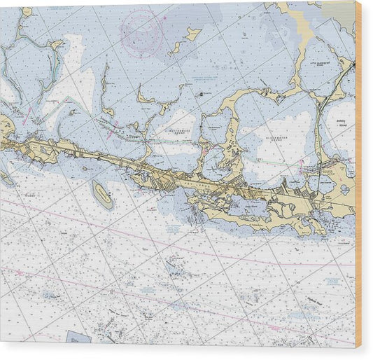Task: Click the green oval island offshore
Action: (x=103, y=194)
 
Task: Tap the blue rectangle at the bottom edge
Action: (x=78, y=338)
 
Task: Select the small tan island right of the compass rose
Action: (x=192, y=33)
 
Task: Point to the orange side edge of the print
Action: (x=358, y=175)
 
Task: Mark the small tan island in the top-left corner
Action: (x=26, y=11)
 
